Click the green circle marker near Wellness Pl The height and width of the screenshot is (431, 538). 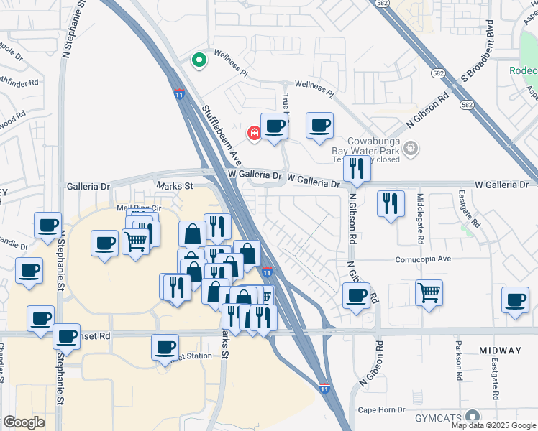pyautogui.click(x=198, y=60)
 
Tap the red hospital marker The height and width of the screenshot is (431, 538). pyautogui.click(x=253, y=133)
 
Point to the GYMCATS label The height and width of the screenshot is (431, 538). pyautogui.click(x=438, y=418)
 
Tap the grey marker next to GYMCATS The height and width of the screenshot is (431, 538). pyautogui.click(x=472, y=417)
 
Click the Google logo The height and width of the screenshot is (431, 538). pyautogui.click(x=24, y=422)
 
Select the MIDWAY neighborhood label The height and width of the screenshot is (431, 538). pyautogui.click(x=500, y=351)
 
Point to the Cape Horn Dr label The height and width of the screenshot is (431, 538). pyautogui.click(x=383, y=410)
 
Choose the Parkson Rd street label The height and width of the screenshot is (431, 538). pyautogui.click(x=457, y=369)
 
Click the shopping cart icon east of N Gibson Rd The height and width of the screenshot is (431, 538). pyautogui.click(x=429, y=292)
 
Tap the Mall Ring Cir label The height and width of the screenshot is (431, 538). pyautogui.click(x=139, y=208)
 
